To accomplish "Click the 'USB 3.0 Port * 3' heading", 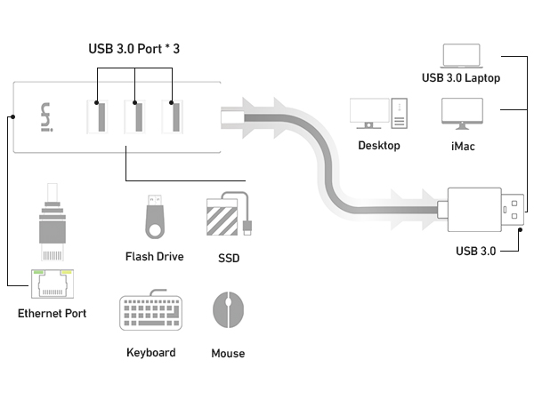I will click(x=134, y=48).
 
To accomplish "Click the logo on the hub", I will click(x=49, y=117).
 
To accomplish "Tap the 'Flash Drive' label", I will click(x=154, y=257).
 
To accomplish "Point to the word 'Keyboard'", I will click(x=150, y=353).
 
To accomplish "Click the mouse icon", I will click(x=228, y=312).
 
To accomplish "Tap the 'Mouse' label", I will click(x=228, y=354).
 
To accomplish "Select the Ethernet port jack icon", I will click(x=53, y=283).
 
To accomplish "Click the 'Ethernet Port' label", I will click(x=53, y=314).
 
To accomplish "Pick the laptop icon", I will click(x=461, y=55).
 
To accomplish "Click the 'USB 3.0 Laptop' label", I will click(x=461, y=77).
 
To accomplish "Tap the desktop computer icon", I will click(x=379, y=114).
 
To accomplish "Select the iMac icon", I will click(x=461, y=114).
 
